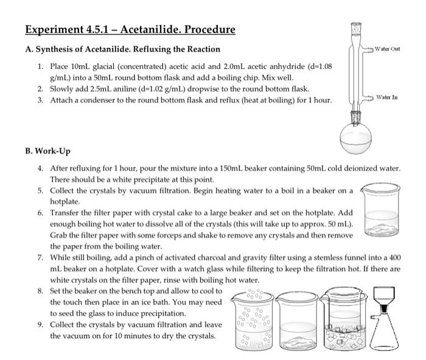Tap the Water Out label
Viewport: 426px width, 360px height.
click(x=387, y=48)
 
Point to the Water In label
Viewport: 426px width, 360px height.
click(x=387, y=97)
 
